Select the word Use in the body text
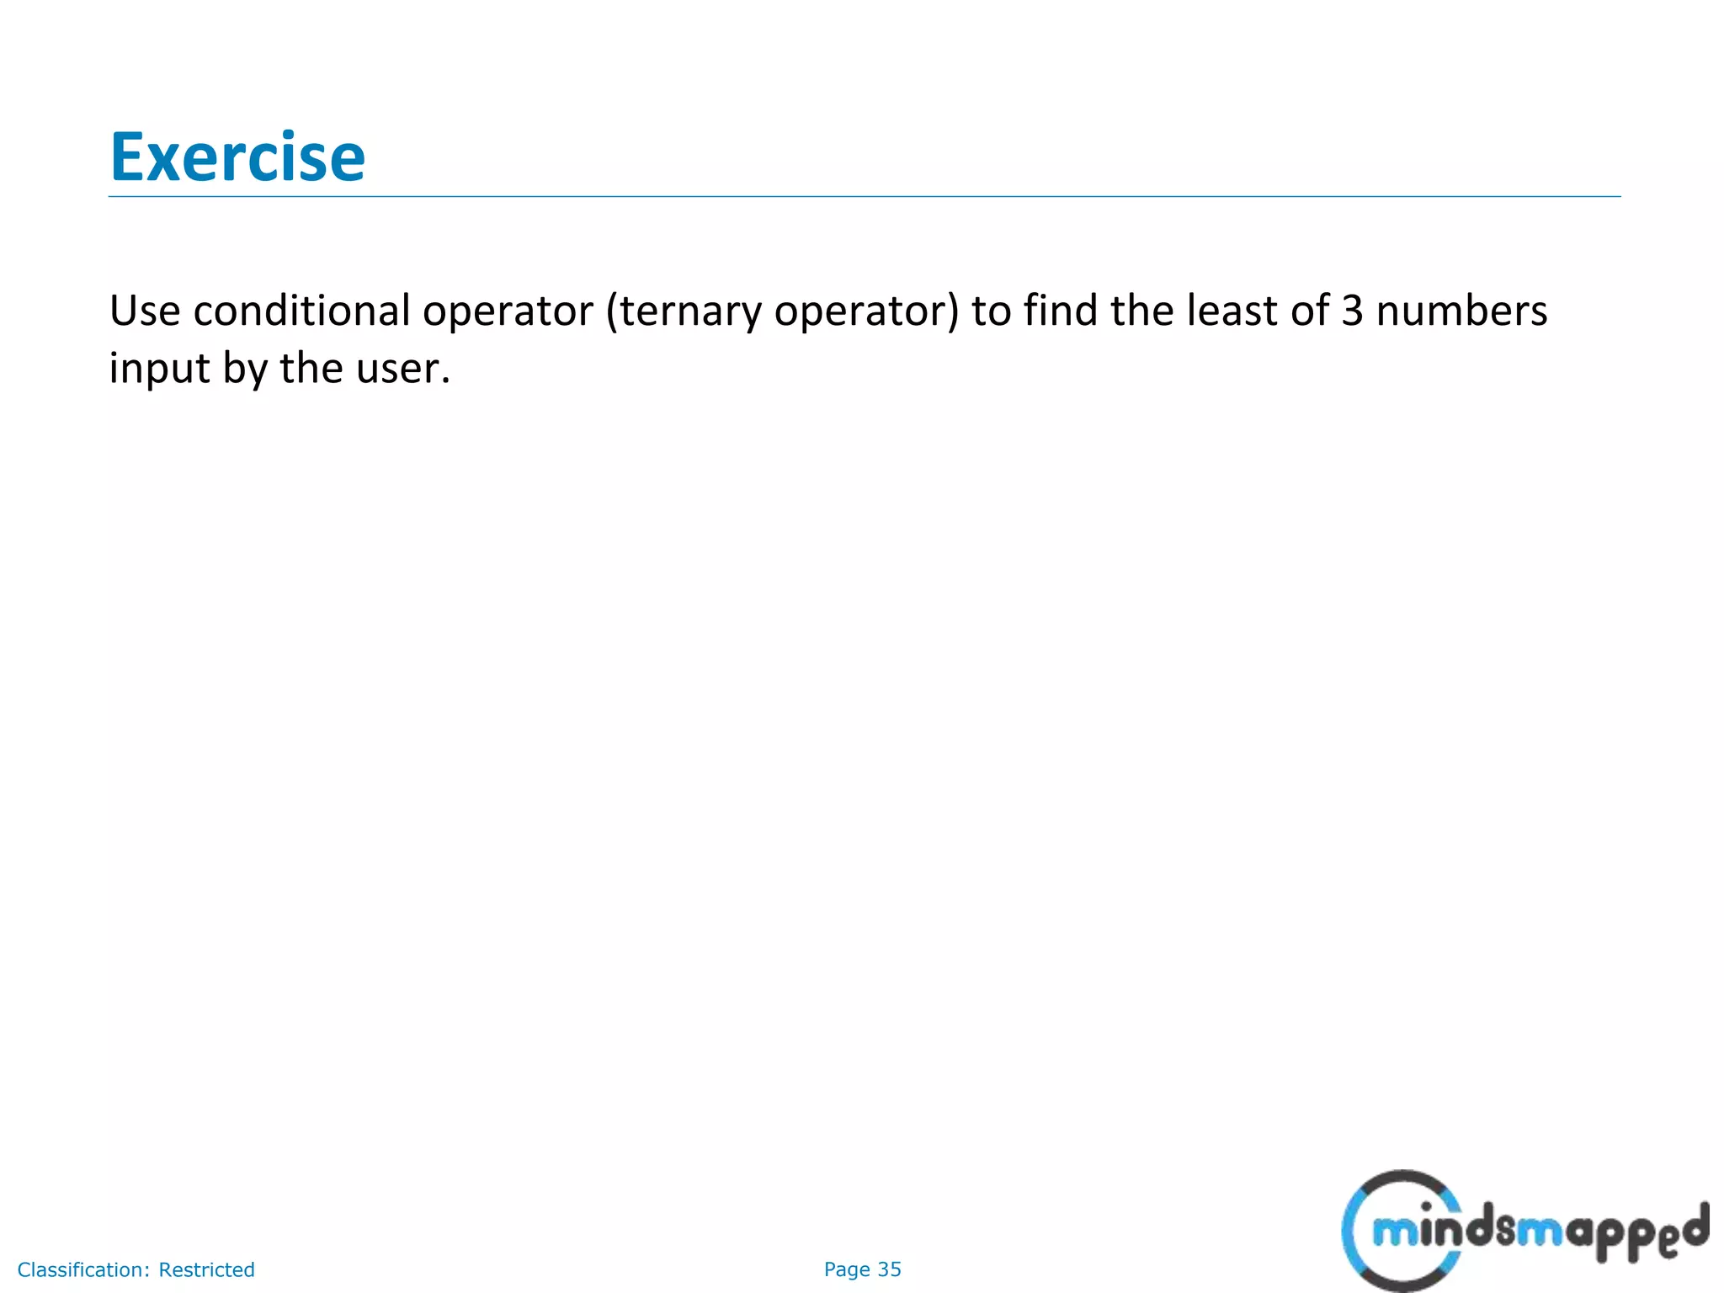144,311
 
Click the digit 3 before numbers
1351,311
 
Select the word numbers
1461,311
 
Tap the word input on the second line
159,369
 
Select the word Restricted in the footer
206,1269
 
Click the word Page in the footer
847,1269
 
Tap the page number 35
890,1269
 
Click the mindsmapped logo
1524,1231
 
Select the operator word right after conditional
508,311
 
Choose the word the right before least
1141,311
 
